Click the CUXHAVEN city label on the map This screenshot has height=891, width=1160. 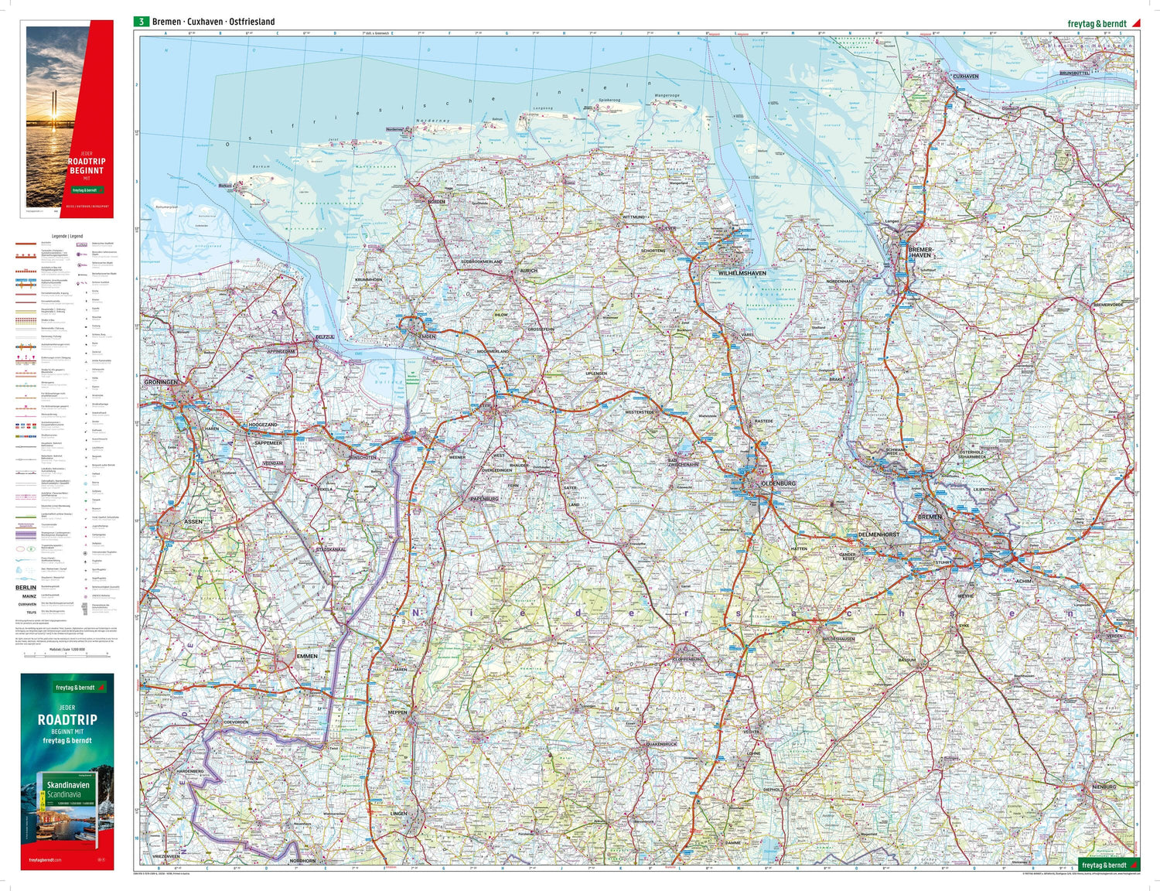[965, 77]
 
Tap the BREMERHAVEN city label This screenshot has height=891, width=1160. [920, 253]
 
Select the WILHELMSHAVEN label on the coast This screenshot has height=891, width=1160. [742, 273]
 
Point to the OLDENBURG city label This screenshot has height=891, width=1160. [778, 483]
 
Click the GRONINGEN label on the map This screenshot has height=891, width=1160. [161, 382]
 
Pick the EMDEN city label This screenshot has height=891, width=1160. [426, 336]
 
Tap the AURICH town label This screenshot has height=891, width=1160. [528, 271]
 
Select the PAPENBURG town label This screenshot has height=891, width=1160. [484, 499]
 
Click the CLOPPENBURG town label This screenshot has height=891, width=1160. [687, 660]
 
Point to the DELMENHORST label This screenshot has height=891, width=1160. [879, 534]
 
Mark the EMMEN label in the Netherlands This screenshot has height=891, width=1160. [307, 656]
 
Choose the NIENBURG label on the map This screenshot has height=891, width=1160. [1104, 787]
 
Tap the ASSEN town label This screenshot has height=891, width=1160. [193, 521]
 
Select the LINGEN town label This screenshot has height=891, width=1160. [398, 814]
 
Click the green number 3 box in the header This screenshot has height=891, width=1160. [141, 22]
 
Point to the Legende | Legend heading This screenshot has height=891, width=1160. [67, 236]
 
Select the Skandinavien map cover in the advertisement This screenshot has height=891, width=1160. [68, 804]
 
